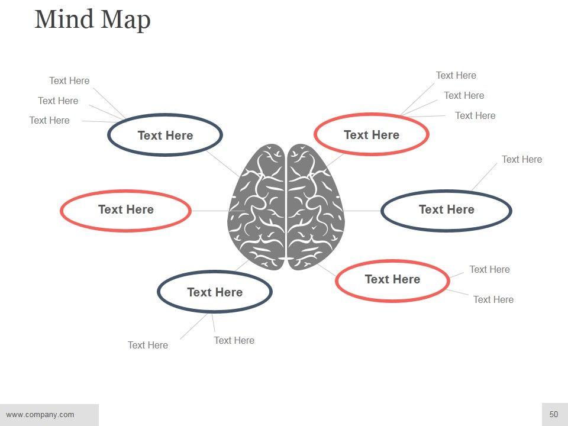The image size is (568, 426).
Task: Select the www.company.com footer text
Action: pos(40,414)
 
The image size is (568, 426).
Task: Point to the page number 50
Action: pos(554,414)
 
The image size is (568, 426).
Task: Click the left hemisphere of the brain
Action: pos(257,207)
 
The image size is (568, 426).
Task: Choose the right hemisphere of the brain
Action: pos(314,207)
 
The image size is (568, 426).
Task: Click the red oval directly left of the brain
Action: pos(125,210)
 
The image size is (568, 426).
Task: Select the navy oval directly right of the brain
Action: pos(446,210)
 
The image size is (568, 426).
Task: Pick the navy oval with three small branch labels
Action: pos(165,135)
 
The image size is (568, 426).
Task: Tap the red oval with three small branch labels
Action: pos(372,135)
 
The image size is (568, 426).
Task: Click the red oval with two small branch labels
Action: pos(392,280)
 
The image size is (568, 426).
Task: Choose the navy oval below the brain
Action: pos(215,292)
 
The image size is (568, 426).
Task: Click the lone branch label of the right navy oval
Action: pos(521,159)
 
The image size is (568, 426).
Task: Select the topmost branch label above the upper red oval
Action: pos(456,75)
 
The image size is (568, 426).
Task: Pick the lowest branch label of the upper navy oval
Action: pos(49,120)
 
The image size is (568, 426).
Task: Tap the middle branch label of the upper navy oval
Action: pos(58,101)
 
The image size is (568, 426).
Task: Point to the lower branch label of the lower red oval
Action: pos(493,299)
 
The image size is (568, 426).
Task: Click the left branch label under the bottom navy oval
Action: pos(148,345)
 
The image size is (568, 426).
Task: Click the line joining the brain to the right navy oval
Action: pos(362,211)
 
